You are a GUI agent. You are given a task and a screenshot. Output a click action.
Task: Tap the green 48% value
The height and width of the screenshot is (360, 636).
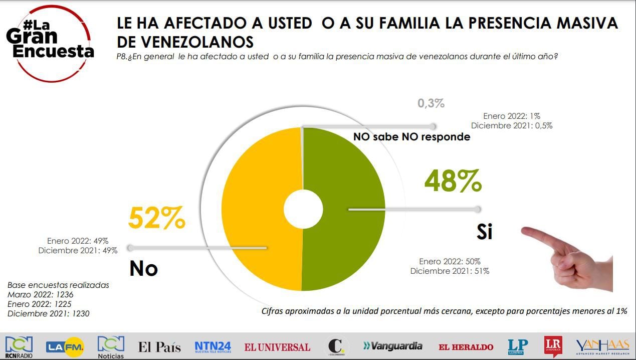tap(453, 182)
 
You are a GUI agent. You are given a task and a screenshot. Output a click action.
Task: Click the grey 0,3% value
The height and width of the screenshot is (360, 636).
tap(431, 104)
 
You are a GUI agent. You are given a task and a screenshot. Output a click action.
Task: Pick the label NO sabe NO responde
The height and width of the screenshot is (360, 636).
tap(411, 137)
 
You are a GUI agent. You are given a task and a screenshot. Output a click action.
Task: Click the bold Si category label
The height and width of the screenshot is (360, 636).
tap(484, 232)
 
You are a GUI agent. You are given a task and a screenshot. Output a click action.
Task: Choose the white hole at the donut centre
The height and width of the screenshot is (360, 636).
tap(303, 209)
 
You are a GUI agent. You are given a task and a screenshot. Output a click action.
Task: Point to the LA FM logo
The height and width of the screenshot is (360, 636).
tap(65, 346)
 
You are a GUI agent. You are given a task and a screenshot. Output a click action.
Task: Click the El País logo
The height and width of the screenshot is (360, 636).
tap(159, 346)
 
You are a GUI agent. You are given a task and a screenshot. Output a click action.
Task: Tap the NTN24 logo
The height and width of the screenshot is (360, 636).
tap(213, 346)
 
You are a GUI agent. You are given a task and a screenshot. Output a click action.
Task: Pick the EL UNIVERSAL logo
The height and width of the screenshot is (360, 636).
tap(277, 346)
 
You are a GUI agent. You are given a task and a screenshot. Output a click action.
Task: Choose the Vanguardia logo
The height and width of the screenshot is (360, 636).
tap(393, 346)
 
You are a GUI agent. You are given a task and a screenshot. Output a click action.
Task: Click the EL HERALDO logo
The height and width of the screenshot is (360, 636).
tap(466, 346)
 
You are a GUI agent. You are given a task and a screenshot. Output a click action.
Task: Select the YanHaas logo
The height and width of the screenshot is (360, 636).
tap(602, 346)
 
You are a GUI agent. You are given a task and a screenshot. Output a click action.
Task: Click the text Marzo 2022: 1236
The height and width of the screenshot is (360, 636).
tap(40, 294)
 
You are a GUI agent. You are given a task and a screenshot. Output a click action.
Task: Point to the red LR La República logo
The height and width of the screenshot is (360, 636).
tap(553, 346)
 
